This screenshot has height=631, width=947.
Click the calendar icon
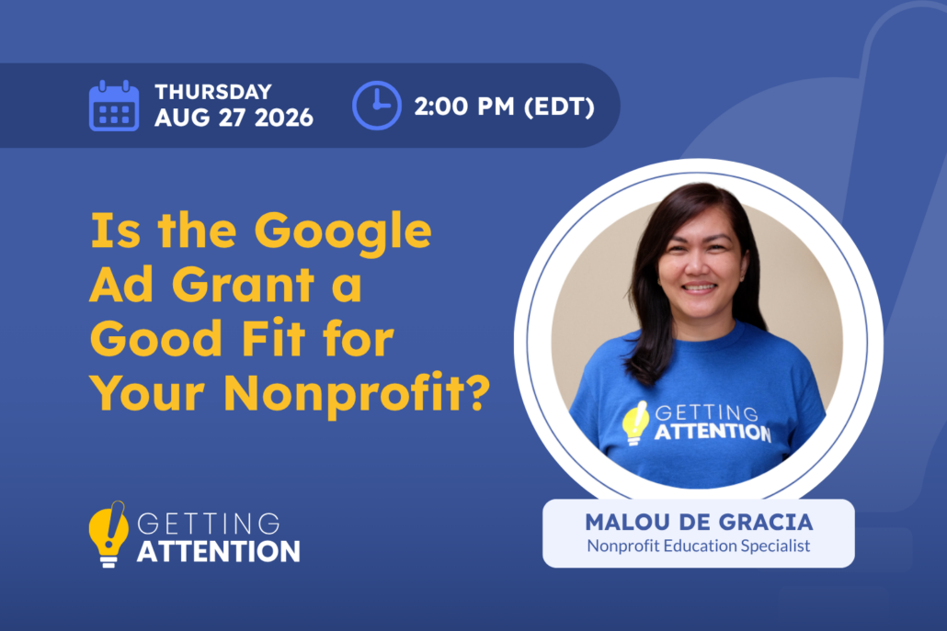point(113,106)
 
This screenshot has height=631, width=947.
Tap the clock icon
point(376,106)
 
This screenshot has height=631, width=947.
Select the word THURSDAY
point(213,92)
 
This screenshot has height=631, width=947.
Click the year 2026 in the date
point(284,118)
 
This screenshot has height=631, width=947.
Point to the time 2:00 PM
point(464,107)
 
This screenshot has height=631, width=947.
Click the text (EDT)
point(559,107)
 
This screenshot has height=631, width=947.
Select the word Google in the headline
point(342,232)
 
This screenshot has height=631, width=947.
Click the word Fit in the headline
point(275,338)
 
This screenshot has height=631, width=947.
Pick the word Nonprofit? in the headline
point(357,395)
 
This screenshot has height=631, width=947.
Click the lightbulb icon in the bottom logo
point(108,534)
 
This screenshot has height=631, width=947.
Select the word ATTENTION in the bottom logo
point(219,552)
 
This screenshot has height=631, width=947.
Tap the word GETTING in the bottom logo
point(209,524)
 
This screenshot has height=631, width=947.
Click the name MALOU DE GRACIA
point(699,523)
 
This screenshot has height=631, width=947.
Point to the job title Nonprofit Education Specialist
point(699,546)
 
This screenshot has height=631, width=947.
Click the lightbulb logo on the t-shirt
point(635,423)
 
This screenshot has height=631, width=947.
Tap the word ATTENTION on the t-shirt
point(713,432)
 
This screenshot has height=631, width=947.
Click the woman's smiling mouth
point(700,287)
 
